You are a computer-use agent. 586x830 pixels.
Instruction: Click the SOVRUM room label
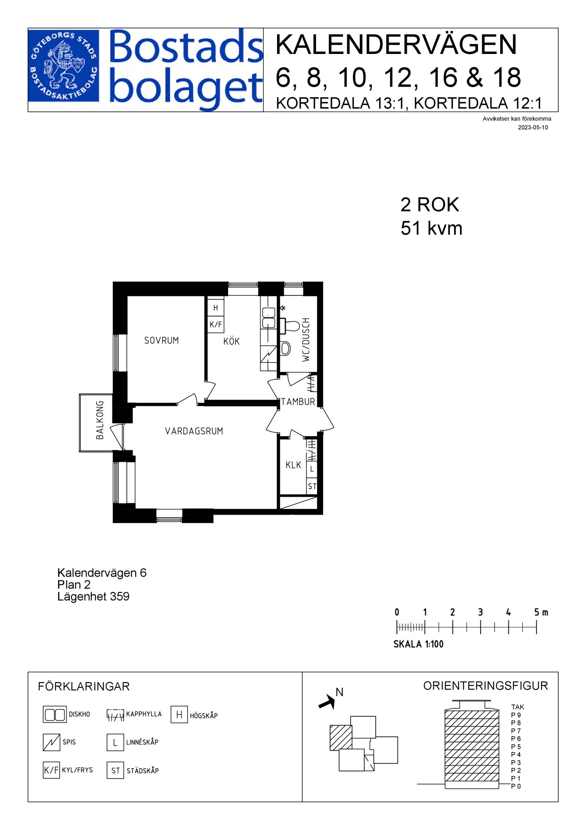[x=161, y=341]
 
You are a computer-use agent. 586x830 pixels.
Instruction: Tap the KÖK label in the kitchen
[x=231, y=342]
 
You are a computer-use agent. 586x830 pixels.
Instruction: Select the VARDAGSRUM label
[x=194, y=431]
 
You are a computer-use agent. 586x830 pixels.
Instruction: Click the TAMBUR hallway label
[x=298, y=402]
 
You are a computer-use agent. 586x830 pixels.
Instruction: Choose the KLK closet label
[x=293, y=465]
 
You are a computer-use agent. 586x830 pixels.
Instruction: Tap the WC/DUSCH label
[x=306, y=340]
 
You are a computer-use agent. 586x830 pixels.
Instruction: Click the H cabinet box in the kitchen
[x=215, y=308]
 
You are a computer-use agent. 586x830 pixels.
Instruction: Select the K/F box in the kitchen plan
[x=215, y=325]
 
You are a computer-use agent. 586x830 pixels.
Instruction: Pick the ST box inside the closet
[x=312, y=486]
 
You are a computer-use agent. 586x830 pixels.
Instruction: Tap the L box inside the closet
[x=312, y=469]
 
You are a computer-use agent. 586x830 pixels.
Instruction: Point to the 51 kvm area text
[x=431, y=229]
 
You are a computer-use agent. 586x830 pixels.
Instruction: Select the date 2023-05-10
[x=533, y=127]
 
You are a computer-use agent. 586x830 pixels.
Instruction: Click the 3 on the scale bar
[x=480, y=612]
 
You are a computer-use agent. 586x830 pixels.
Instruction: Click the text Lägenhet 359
[x=93, y=597]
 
